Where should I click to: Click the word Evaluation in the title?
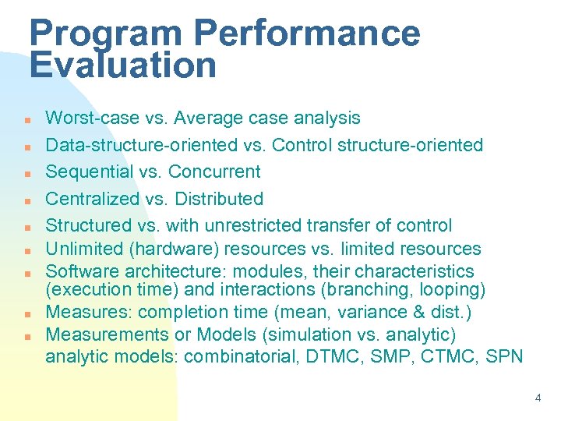(x=123, y=65)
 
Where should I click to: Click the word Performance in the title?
(x=306, y=33)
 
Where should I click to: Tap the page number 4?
(x=538, y=398)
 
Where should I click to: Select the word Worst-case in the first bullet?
(x=90, y=119)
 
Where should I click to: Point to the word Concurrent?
(x=214, y=172)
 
